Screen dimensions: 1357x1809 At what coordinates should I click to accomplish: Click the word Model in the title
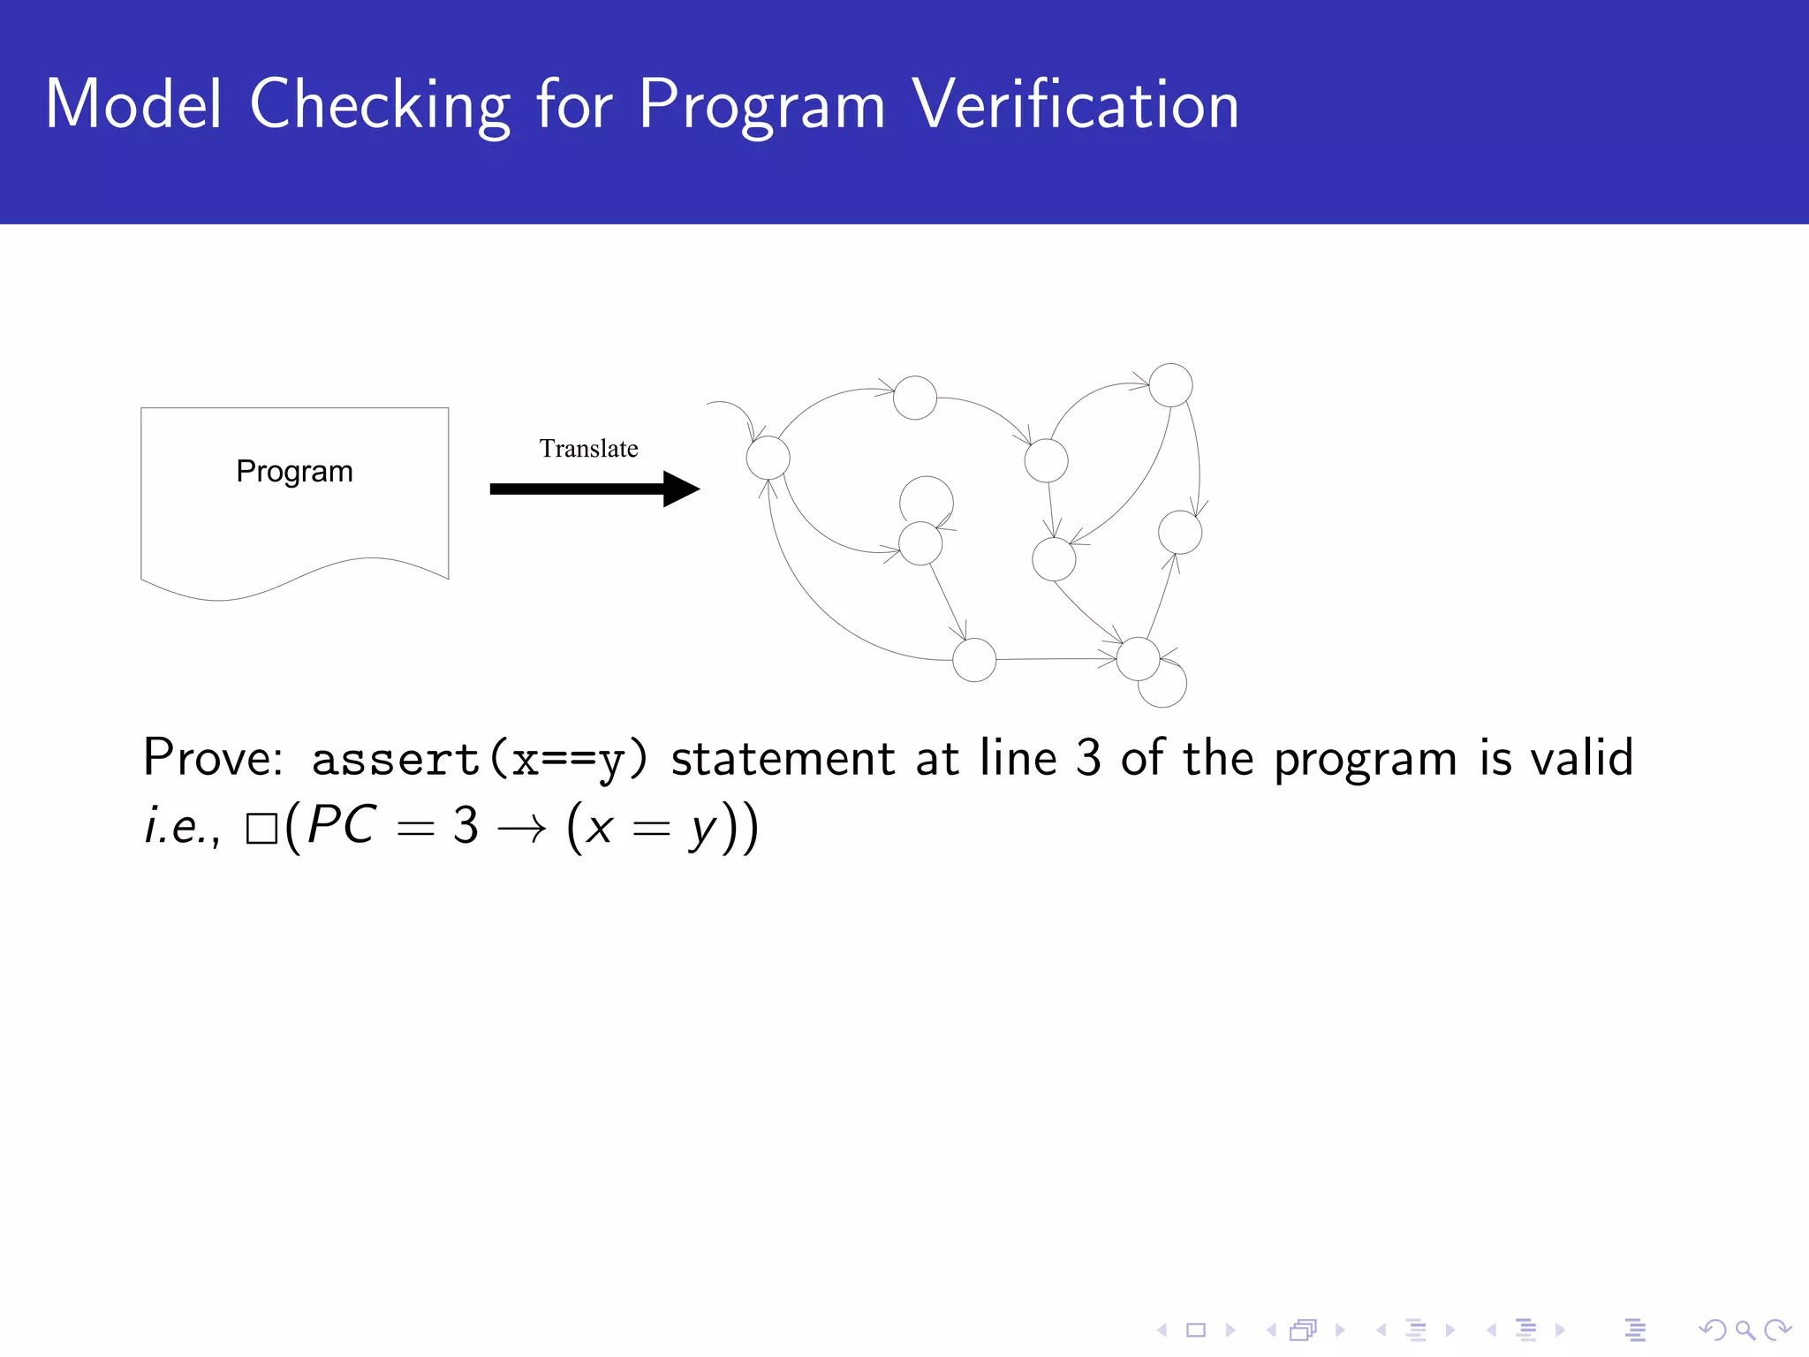click(133, 104)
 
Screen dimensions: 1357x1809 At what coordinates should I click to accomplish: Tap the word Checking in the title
click(380, 106)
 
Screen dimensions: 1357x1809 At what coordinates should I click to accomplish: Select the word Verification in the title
click(1075, 104)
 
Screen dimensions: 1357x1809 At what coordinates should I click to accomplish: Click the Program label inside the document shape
click(294, 472)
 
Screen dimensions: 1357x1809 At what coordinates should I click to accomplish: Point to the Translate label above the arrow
click(588, 449)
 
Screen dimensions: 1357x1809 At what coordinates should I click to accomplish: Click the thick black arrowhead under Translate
click(680, 489)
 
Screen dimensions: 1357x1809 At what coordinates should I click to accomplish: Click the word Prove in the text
click(212, 758)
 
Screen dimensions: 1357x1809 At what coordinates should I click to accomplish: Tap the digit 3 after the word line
click(1088, 758)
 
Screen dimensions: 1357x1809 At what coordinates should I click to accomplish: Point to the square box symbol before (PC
click(261, 829)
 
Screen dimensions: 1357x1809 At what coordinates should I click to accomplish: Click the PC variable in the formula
click(343, 825)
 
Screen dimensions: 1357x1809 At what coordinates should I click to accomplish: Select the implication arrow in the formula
click(521, 829)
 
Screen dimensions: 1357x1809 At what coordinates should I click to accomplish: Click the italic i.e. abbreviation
click(181, 827)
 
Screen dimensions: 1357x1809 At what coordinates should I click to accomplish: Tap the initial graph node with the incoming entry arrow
click(768, 458)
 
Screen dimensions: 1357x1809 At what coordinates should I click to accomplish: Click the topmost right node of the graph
click(1170, 385)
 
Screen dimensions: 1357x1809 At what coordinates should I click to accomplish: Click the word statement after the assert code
click(783, 758)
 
